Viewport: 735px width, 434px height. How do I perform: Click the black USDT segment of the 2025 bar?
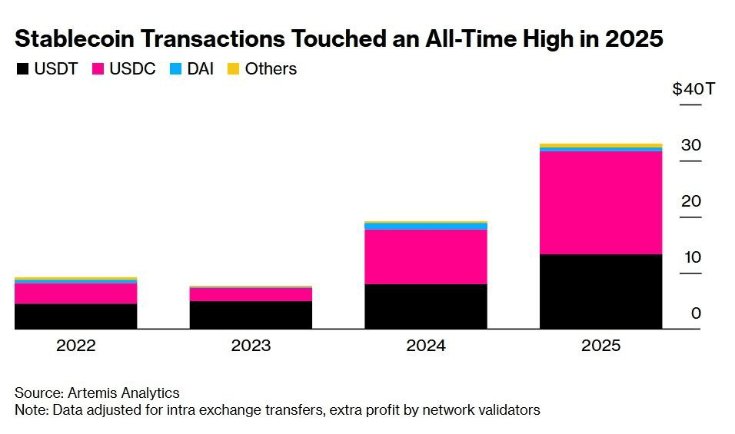[x=600, y=291]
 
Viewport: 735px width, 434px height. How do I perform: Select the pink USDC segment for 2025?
[x=600, y=203]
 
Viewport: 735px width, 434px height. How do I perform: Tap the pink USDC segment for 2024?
[x=425, y=257]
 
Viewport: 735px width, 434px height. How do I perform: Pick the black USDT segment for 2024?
[x=425, y=306]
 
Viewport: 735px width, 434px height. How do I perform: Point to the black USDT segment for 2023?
[x=251, y=315]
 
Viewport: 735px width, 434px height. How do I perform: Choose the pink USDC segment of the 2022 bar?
[x=75, y=293]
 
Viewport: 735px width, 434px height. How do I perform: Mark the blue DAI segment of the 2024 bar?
[x=425, y=227]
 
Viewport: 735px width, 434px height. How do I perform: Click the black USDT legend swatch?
[x=23, y=69]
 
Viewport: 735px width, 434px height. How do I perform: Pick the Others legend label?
[x=271, y=69]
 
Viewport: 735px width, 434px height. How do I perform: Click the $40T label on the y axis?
[x=693, y=89]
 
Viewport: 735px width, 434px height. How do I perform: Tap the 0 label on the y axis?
[x=696, y=313]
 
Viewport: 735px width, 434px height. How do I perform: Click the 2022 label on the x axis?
[x=75, y=346]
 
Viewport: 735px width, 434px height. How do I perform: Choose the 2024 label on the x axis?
[x=425, y=346]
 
